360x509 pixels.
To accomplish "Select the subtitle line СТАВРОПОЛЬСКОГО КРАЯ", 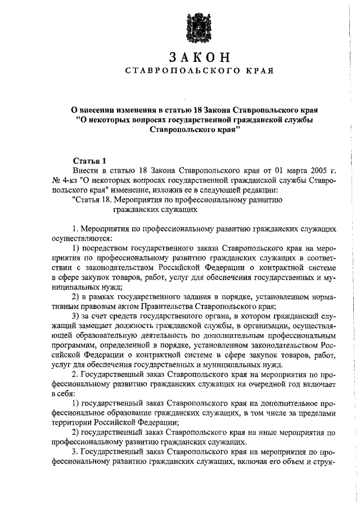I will click(199, 71).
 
